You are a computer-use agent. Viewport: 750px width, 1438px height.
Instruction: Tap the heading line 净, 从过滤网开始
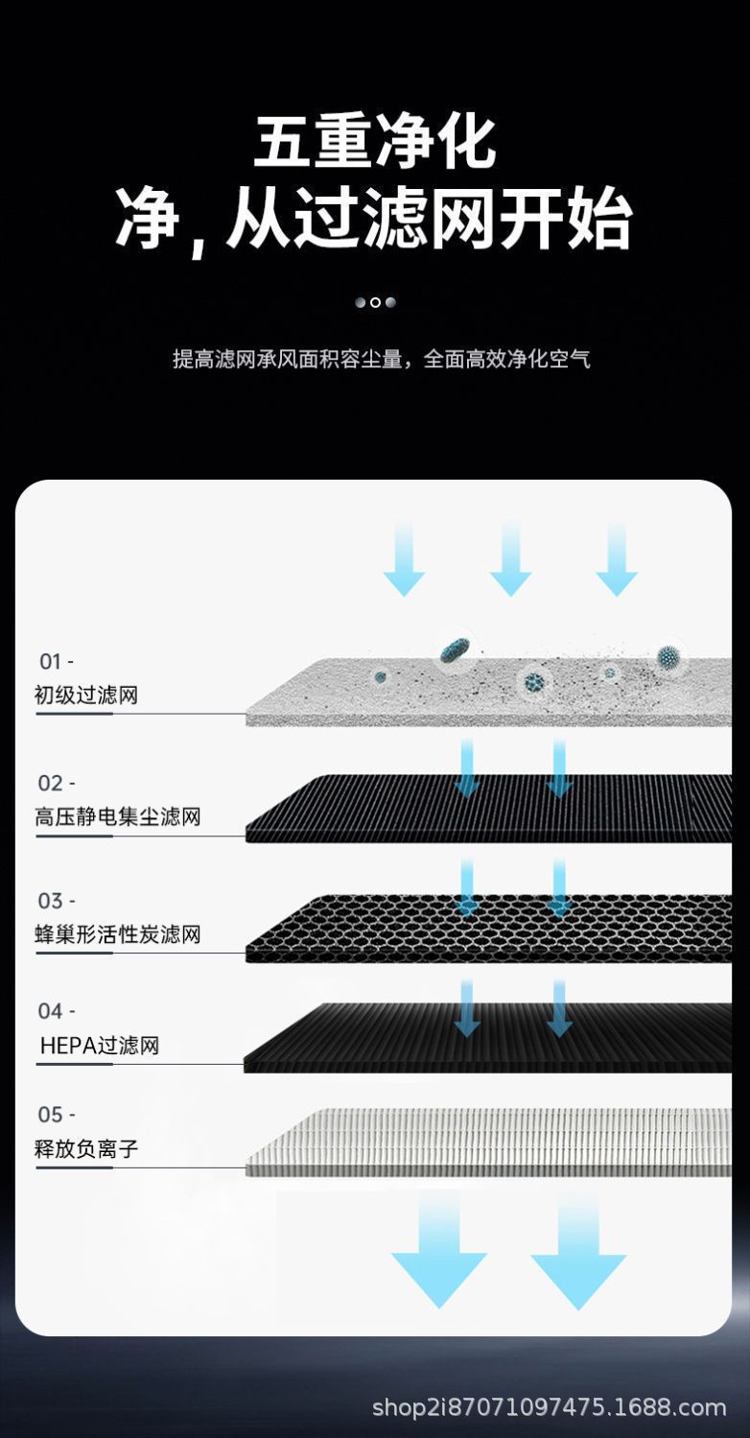point(375,220)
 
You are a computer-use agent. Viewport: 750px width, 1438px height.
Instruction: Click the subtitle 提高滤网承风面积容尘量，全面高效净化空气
point(381,360)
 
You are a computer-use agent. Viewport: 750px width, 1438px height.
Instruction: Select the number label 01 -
point(56,662)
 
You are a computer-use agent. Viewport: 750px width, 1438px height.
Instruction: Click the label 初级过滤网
point(86,695)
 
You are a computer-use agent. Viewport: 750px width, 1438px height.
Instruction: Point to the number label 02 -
point(57,784)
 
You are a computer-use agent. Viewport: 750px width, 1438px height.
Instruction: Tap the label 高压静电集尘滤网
point(118,817)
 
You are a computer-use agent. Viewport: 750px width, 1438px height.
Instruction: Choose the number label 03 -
point(57,901)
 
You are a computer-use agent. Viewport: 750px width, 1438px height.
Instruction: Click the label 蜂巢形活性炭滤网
point(118,934)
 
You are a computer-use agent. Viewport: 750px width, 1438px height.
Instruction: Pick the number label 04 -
point(57,1011)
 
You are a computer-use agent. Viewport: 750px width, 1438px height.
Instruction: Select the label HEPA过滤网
point(100,1046)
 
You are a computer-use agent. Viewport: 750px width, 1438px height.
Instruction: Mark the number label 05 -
point(57,1115)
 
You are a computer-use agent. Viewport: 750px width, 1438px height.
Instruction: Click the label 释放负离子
point(86,1148)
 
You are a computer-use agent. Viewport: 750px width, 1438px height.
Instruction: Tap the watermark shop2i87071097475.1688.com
point(549,1407)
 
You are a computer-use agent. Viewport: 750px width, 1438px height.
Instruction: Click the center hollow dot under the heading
point(375,302)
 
